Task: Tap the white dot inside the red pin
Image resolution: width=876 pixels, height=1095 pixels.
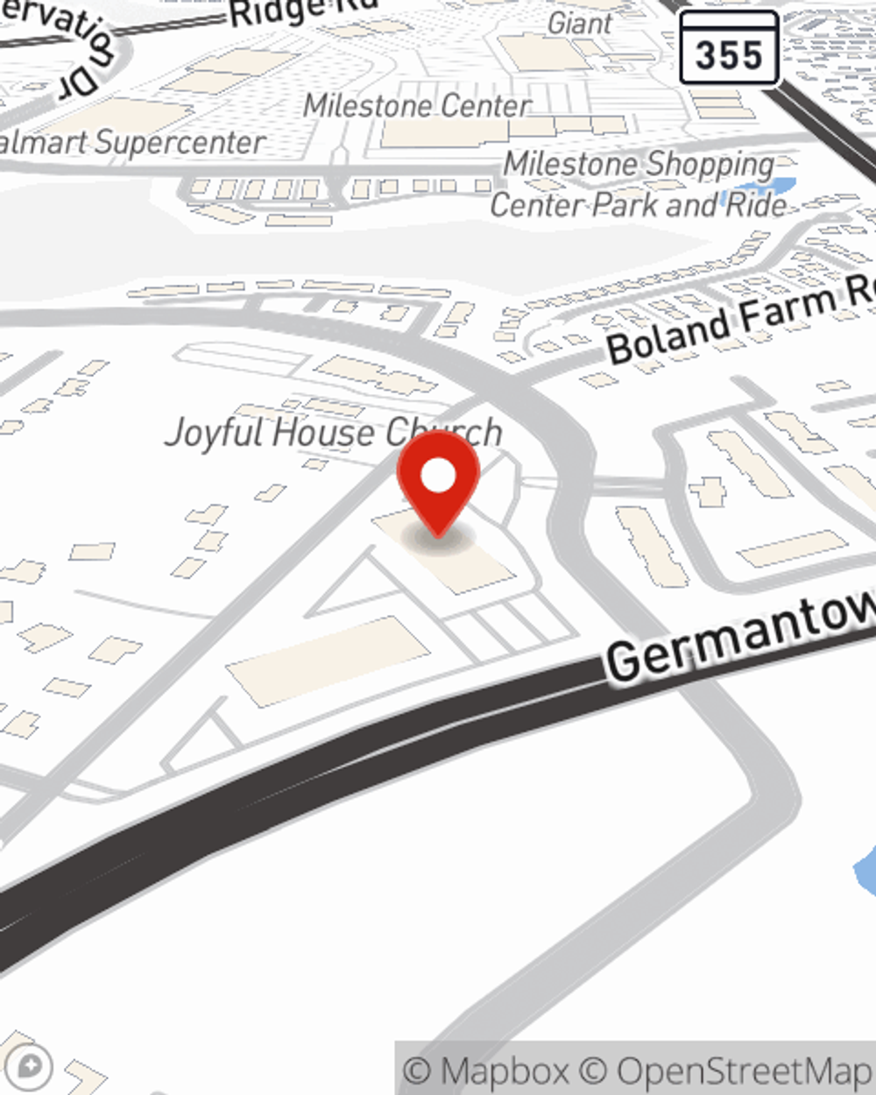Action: click(438, 477)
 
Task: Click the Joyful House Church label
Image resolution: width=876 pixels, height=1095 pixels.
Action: click(333, 433)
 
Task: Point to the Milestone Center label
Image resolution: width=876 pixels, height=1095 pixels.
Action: click(417, 107)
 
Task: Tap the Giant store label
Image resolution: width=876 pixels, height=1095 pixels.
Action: click(579, 24)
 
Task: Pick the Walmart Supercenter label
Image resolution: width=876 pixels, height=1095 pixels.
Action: click(131, 143)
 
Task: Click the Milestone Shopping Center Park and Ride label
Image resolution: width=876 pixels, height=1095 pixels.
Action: click(639, 185)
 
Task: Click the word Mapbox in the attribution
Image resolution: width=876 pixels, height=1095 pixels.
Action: click(505, 1070)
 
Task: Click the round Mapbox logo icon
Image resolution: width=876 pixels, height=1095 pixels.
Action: click(31, 1067)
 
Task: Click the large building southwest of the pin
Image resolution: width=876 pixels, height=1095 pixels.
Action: click(328, 660)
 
